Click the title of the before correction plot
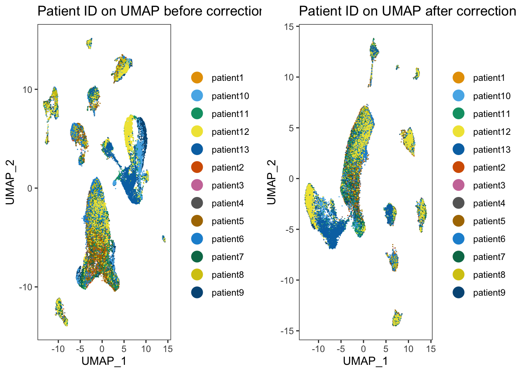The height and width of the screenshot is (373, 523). [x=149, y=11]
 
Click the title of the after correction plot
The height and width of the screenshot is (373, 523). [x=407, y=11]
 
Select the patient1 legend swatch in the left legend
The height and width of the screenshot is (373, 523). [x=197, y=78]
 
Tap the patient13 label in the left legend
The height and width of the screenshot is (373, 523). [x=230, y=150]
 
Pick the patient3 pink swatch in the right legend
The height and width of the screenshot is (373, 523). [x=458, y=185]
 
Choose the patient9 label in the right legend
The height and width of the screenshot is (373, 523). [x=489, y=293]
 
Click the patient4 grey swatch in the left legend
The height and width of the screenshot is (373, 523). [x=197, y=203]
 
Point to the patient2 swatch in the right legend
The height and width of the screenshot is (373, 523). [x=458, y=167]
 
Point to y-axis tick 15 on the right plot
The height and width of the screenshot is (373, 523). [x=289, y=26]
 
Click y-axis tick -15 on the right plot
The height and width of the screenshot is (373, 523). [x=287, y=331]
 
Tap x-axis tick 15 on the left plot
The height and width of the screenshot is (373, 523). [x=168, y=349]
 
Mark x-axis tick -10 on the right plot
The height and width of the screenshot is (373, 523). [x=318, y=349]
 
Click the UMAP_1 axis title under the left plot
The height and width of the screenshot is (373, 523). [x=104, y=361]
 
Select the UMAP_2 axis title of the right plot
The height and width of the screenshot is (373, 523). [x=272, y=182]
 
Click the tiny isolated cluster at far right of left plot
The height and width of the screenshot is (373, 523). [x=164, y=239]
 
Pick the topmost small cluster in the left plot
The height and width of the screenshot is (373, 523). [x=90, y=43]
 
